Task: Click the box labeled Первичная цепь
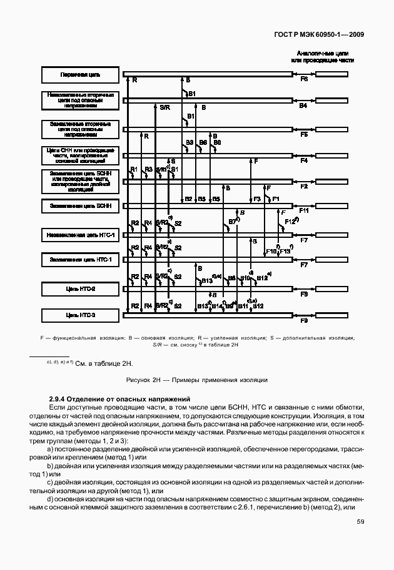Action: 79,75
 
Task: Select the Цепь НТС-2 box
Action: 79,289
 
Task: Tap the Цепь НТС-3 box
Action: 79,315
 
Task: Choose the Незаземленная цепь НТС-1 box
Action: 79,235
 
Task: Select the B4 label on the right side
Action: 303,107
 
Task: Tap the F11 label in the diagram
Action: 304,212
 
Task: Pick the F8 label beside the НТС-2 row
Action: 304,293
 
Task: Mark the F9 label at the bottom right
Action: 304,320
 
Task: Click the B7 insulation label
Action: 232,221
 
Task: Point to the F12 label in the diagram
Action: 289,222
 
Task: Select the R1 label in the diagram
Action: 133,170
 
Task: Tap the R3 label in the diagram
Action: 148,170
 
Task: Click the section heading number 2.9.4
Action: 57,398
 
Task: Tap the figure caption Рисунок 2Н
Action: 197,380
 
